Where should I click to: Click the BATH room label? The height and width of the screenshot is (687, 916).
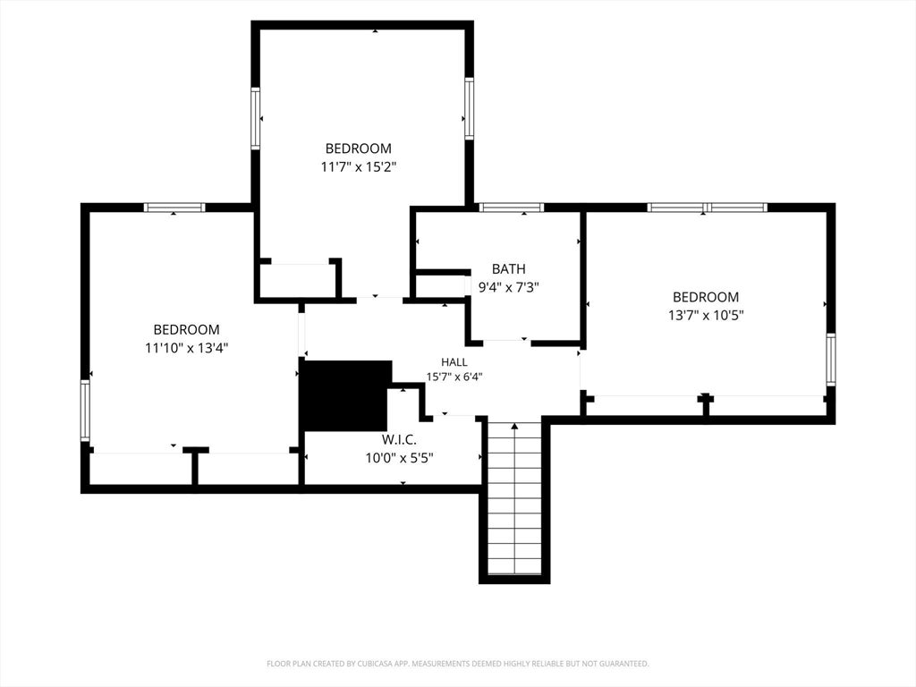[508, 268]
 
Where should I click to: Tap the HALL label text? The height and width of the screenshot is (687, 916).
[454, 362]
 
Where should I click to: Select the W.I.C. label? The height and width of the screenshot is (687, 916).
[399, 439]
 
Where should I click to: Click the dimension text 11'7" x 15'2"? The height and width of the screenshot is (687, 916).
[358, 167]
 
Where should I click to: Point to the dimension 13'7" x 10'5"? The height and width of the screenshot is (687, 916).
[706, 316]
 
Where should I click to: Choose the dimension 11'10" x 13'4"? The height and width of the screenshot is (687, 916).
[186, 348]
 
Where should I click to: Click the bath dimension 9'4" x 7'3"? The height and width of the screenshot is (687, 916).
[508, 287]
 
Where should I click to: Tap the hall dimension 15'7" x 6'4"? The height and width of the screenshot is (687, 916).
[454, 377]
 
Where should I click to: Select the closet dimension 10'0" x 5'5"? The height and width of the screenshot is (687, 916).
[399, 458]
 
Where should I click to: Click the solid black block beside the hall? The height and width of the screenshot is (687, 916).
[344, 395]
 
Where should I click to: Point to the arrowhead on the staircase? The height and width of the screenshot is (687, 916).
[514, 427]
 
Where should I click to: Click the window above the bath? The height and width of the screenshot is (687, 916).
[511, 208]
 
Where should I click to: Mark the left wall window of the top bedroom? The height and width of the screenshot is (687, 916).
[255, 118]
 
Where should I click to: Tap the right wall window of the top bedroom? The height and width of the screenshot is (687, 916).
[469, 108]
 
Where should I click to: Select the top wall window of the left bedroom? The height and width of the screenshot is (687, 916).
[174, 208]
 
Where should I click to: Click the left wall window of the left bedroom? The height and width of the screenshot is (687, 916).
[85, 410]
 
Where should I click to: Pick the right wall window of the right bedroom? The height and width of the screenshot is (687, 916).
[831, 360]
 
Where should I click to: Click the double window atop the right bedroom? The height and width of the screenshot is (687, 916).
[707, 208]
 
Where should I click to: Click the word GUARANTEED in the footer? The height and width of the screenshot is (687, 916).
[627, 664]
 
